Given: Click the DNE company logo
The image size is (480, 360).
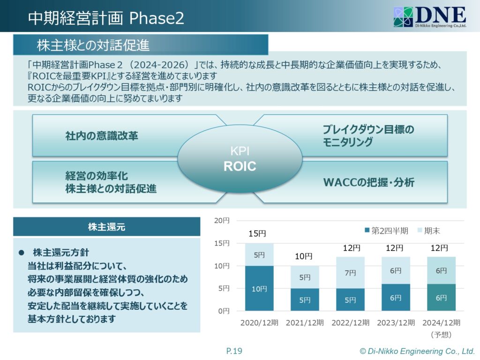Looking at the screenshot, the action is pyautogui.click(x=430, y=17).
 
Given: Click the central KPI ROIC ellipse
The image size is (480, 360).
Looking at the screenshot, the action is pyautogui.click(x=240, y=158).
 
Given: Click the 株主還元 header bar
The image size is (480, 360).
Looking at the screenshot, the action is pyautogui.click(x=106, y=227).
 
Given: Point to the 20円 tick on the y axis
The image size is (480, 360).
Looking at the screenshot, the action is pyautogui.click(x=222, y=220).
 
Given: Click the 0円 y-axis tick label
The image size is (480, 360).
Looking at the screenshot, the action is pyautogui.click(x=224, y=311).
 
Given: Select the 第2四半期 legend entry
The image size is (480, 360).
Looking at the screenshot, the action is pyautogui.click(x=386, y=231).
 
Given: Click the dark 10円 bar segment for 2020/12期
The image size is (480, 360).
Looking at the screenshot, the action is pyautogui.click(x=259, y=288).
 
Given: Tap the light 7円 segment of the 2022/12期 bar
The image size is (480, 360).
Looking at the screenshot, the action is pyautogui.click(x=350, y=272).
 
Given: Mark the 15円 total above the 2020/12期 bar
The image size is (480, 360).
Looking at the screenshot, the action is pyautogui.click(x=257, y=233).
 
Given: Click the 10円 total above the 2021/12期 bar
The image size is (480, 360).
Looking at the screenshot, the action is pyautogui.click(x=303, y=256).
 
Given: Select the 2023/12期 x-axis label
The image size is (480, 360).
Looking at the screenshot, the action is pyautogui.click(x=396, y=322).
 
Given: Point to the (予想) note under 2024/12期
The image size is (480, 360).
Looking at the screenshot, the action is pyautogui.click(x=441, y=335).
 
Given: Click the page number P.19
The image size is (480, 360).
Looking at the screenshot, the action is pyautogui.click(x=234, y=351).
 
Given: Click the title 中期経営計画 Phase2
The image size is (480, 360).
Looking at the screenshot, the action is pyautogui.click(x=106, y=18).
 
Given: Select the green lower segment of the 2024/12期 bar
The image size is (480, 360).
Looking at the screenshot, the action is pyautogui.click(x=441, y=297).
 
